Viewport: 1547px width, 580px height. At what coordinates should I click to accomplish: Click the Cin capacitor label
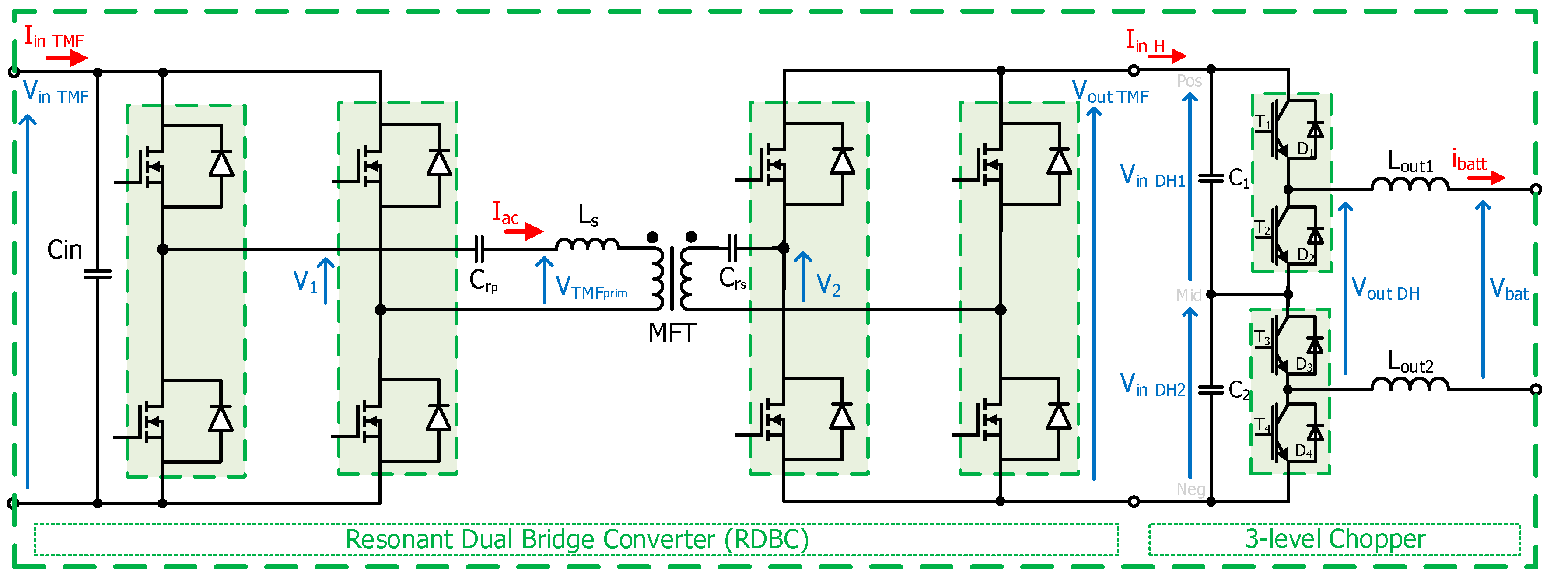tap(64, 250)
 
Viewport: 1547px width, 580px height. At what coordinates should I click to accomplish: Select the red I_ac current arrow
tap(524, 231)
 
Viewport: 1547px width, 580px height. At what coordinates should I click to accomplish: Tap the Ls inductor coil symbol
tap(587, 244)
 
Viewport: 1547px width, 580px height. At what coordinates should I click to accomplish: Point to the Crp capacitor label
tap(483, 280)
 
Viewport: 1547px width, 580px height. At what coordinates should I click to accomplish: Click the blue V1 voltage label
tap(304, 281)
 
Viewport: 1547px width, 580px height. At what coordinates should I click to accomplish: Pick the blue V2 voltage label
tap(828, 285)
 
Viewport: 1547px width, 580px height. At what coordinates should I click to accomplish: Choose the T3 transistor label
tap(1262, 337)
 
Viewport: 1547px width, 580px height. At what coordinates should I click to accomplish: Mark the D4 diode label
tap(1303, 451)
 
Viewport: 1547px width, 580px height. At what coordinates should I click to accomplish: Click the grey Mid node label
tap(1189, 295)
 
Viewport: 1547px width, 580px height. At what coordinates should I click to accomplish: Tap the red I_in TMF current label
tap(53, 38)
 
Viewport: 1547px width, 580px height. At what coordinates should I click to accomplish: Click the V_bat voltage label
tap(1508, 290)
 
